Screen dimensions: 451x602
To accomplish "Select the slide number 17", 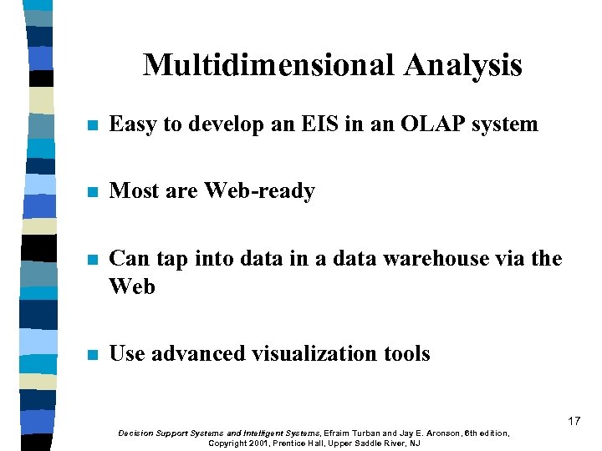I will (574, 421).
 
